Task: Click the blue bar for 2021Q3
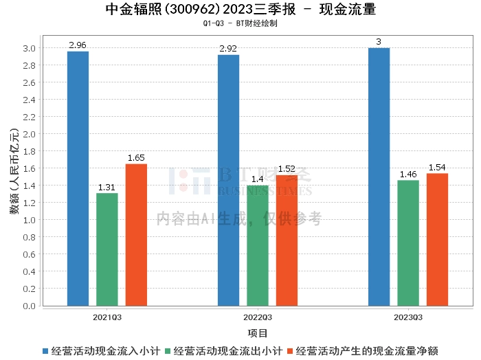(78, 179)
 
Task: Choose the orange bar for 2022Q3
(287, 240)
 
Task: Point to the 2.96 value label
(78, 45)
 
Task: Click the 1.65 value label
(136, 158)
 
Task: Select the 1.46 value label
(408, 175)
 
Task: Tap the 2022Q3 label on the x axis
(258, 317)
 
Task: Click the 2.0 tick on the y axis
(30, 134)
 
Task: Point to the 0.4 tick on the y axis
(30, 271)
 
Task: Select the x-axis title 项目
(258, 333)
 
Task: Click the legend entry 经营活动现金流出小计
(227, 351)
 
